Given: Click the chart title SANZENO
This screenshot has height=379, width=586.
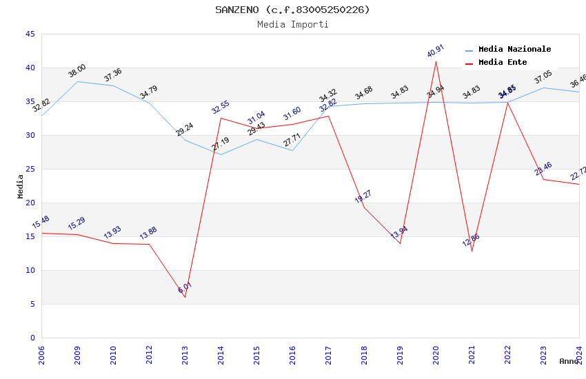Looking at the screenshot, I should [292, 10].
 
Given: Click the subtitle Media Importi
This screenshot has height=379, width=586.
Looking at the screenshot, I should [292, 24].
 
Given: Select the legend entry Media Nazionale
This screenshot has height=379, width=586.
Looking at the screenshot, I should [514, 50].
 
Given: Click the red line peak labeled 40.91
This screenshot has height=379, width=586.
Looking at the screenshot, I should [436, 61].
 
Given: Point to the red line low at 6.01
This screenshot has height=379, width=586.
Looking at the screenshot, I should [185, 297].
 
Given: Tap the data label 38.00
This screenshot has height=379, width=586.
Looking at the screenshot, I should [77, 70].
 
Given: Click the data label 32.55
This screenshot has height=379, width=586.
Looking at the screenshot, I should [220, 107].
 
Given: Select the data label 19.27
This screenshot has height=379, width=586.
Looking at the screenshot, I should [363, 196].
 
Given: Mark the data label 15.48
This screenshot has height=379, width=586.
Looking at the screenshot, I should [41, 222].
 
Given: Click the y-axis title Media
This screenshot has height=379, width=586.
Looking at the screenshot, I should [21, 186].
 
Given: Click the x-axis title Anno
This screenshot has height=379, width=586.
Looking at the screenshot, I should [569, 361].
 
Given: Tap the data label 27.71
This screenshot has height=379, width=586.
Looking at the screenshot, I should [292, 141].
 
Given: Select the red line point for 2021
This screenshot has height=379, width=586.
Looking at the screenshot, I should [472, 251].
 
